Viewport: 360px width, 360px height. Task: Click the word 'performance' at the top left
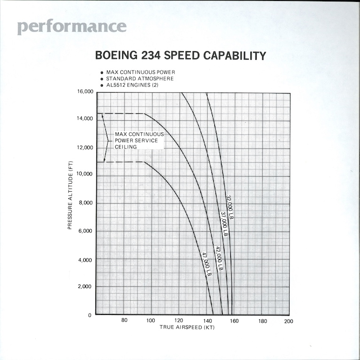click(x=72, y=26)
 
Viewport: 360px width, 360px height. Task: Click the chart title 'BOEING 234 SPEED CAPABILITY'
click(x=180, y=55)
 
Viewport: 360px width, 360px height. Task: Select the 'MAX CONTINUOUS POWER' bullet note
click(x=141, y=72)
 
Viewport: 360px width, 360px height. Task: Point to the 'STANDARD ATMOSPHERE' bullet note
click(x=140, y=78)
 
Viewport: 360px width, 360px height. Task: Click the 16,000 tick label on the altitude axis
click(x=83, y=92)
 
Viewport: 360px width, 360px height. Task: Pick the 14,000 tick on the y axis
click(x=83, y=119)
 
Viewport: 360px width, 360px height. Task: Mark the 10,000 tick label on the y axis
click(x=83, y=175)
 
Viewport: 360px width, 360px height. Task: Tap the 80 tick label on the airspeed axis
click(x=125, y=321)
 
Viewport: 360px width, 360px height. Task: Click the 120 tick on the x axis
click(x=180, y=321)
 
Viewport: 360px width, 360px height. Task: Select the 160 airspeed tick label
click(x=234, y=321)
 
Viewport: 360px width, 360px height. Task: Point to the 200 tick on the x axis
click(x=289, y=321)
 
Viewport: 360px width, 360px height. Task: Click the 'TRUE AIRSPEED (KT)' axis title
click(x=187, y=328)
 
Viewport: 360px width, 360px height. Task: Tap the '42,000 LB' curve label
click(x=219, y=258)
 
